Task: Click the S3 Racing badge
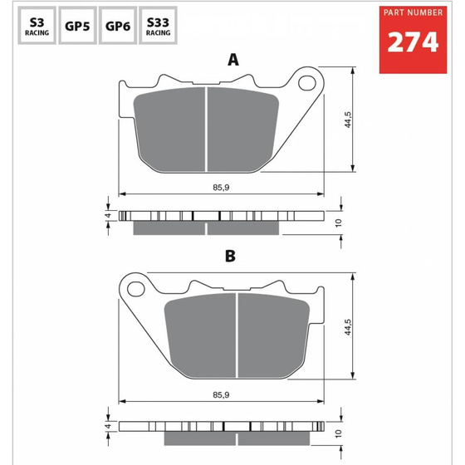[36, 27]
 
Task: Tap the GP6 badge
[116, 27]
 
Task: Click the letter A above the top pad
[233, 60]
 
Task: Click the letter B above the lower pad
[231, 256]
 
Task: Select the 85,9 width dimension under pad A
[221, 187]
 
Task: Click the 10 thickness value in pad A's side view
[338, 223]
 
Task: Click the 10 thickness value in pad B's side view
[338, 432]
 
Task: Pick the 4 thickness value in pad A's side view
[107, 215]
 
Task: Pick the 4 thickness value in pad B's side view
[107, 426]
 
